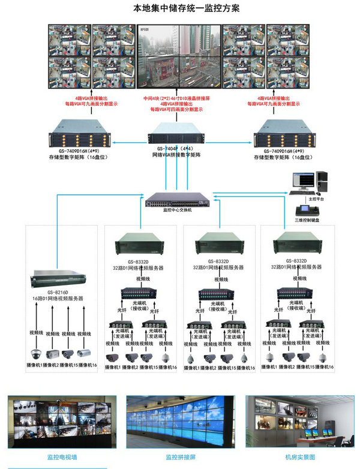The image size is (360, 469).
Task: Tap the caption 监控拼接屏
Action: coord(181,458)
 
